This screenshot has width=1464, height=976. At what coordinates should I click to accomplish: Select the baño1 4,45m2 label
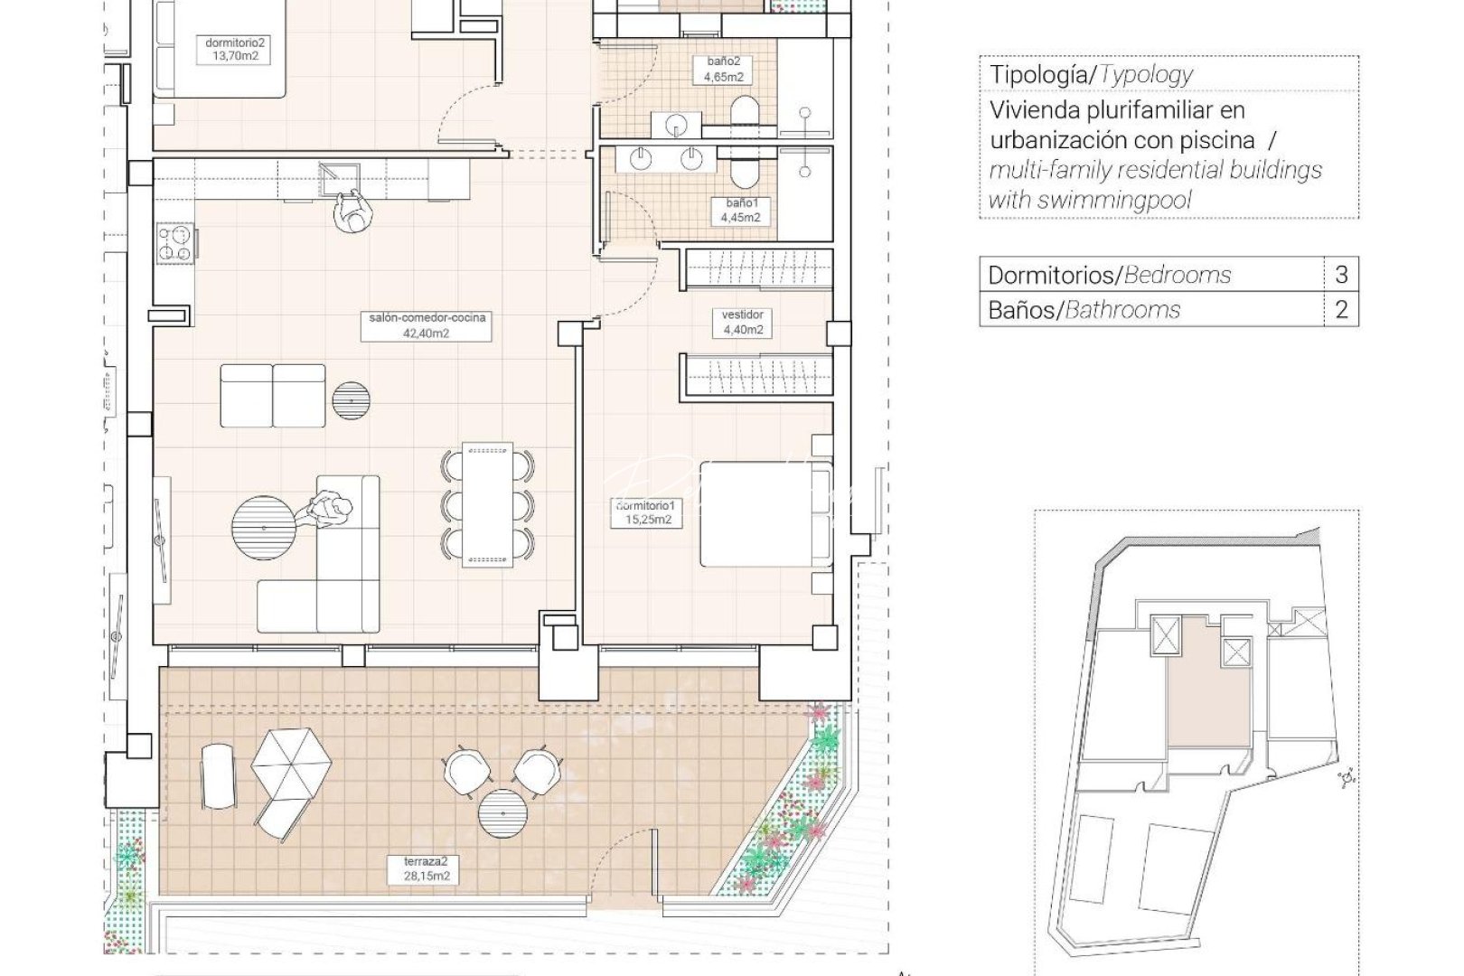click(x=740, y=210)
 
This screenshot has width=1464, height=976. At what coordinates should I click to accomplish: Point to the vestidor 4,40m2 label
click(x=743, y=322)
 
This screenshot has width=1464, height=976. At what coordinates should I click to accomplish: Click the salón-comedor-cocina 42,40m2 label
click(x=427, y=324)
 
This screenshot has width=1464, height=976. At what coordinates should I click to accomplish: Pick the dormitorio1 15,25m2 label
click(x=645, y=512)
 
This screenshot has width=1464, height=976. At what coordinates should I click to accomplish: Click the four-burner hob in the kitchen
click(x=176, y=243)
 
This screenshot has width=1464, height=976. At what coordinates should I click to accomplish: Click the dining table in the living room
click(x=487, y=504)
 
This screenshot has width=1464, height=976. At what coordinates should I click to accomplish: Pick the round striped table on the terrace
click(x=503, y=814)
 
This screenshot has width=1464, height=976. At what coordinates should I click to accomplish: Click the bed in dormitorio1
click(x=765, y=514)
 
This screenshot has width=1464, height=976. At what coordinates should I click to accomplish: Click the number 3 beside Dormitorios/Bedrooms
click(x=1341, y=275)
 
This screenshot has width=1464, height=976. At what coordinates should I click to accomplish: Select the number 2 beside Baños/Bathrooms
click(x=1341, y=310)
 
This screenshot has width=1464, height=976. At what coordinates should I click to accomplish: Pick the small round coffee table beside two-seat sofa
click(x=351, y=399)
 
